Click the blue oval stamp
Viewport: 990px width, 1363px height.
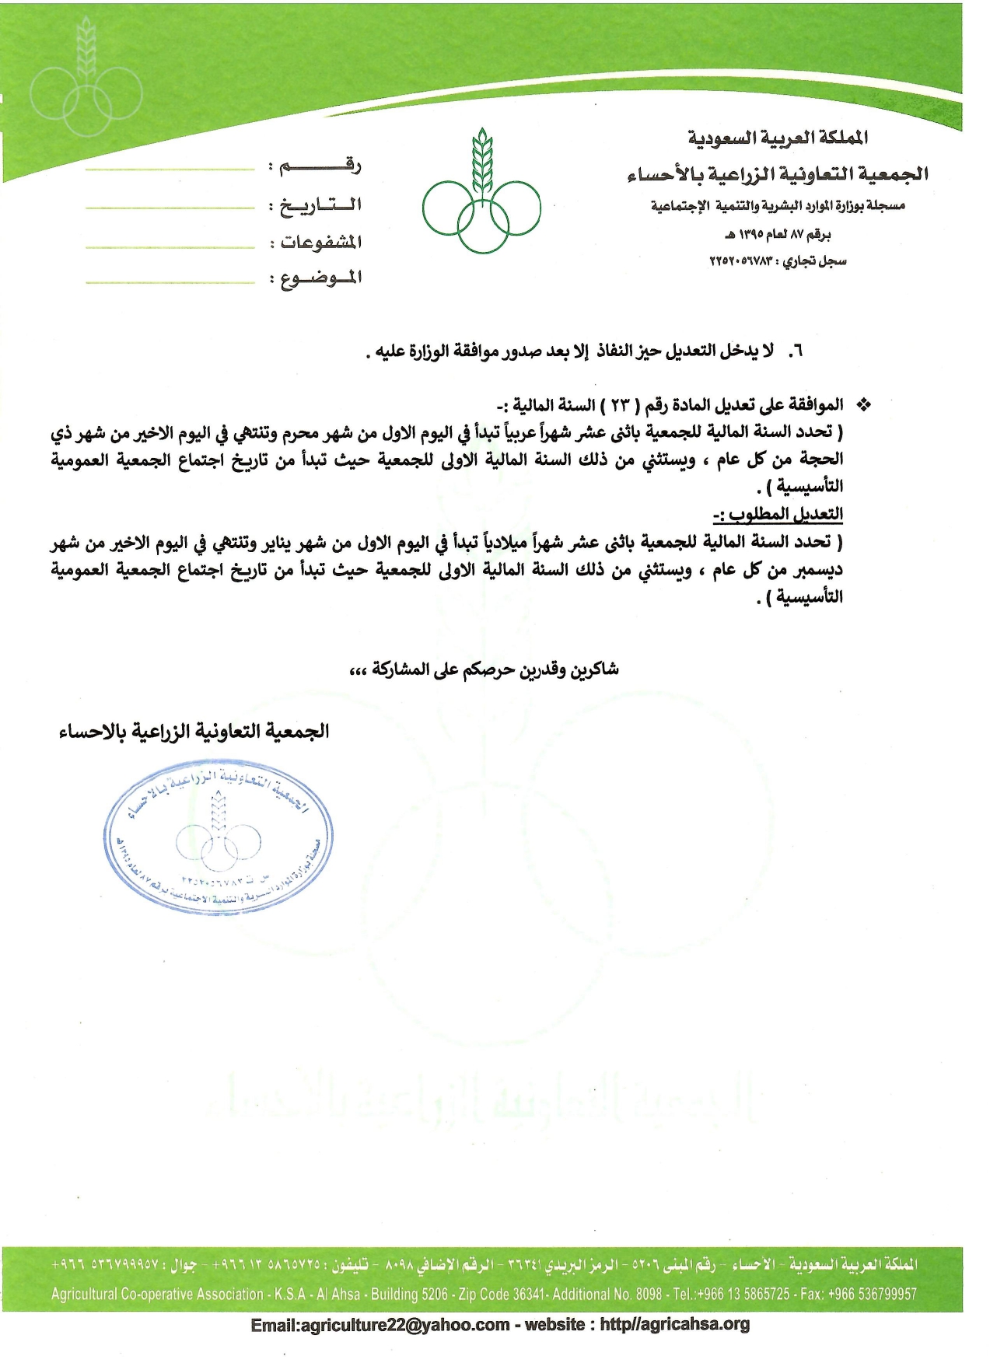(219, 842)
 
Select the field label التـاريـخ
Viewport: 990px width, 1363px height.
(320, 204)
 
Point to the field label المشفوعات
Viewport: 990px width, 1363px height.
(320, 242)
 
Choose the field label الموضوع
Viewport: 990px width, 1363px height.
(320, 278)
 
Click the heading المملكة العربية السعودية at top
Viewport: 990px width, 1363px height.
(778, 138)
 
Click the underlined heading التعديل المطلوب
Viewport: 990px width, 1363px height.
(778, 514)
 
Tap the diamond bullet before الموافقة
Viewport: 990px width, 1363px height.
(862, 405)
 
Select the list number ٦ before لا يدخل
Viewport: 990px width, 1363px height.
(795, 351)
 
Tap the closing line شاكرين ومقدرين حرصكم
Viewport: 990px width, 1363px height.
(485, 669)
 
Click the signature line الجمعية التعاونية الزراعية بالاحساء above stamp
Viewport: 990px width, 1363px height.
(194, 732)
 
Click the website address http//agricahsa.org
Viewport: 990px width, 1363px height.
(674, 1325)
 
